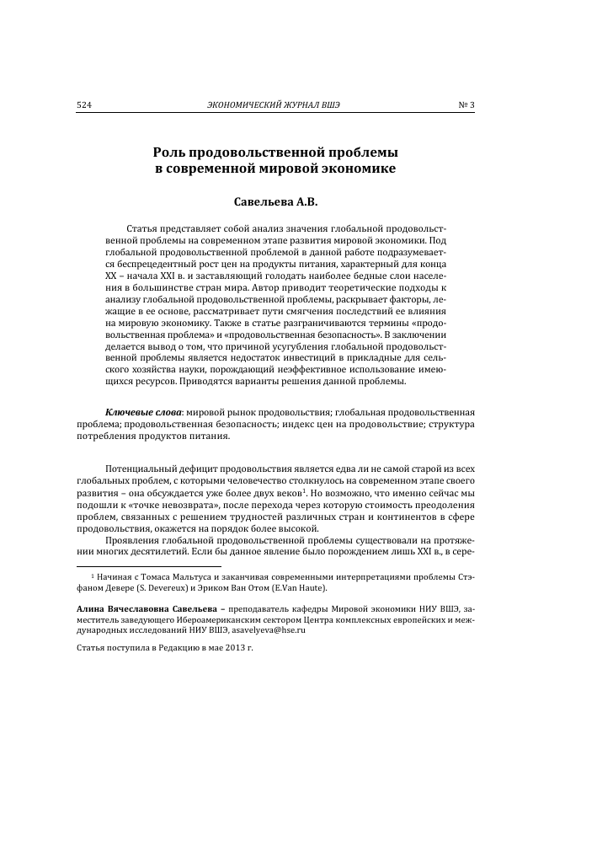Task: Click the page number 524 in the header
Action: pyautogui.click(x=83, y=105)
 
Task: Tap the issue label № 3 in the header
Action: pyautogui.click(x=466, y=105)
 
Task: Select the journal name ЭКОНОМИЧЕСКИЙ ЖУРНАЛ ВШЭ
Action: pyautogui.click(x=279, y=105)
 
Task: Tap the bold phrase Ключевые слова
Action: pyautogui.click(x=136, y=411)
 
